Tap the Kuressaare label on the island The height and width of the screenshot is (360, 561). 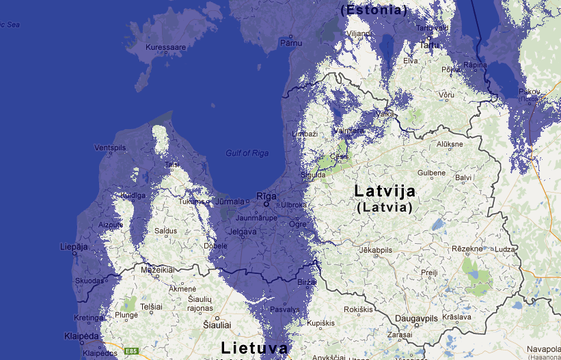click(166, 48)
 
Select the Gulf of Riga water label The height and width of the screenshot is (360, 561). click(247, 153)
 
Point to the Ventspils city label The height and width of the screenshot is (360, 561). click(111, 148)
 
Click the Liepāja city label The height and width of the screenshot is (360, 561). click(74, 247)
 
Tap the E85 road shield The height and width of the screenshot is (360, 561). click(132, 351)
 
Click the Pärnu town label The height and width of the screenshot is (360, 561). click(290, 42)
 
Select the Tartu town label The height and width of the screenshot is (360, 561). click(429, 45)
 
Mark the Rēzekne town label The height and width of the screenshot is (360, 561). click(467, 250)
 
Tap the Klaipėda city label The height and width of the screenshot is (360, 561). click(81, 337)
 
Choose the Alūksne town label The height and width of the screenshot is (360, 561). click(450, 144)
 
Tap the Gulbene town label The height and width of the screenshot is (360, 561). click(431, 174)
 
